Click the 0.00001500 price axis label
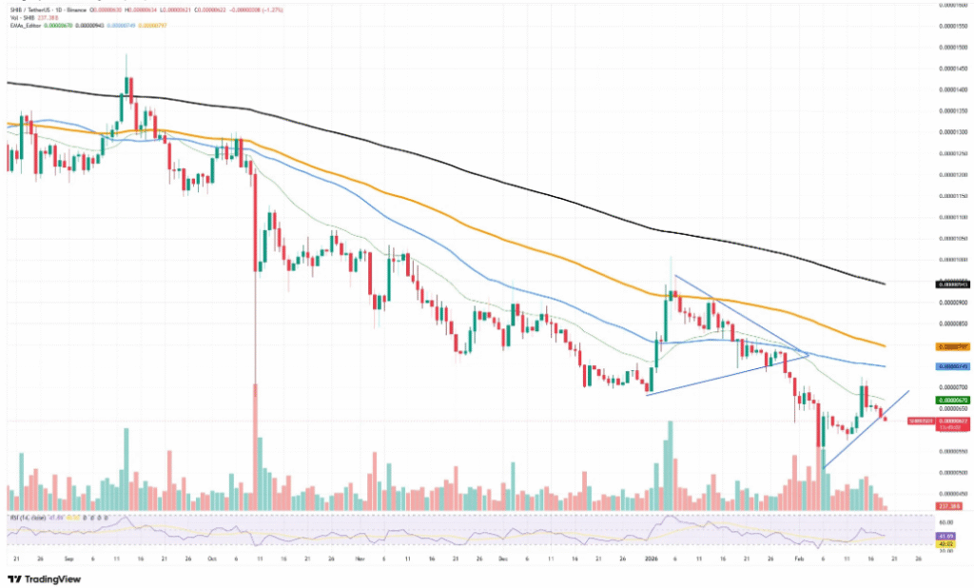953,48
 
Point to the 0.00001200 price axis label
953,175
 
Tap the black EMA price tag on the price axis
953,284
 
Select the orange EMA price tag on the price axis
953,346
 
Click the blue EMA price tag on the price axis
953,366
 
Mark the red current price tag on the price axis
953,421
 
